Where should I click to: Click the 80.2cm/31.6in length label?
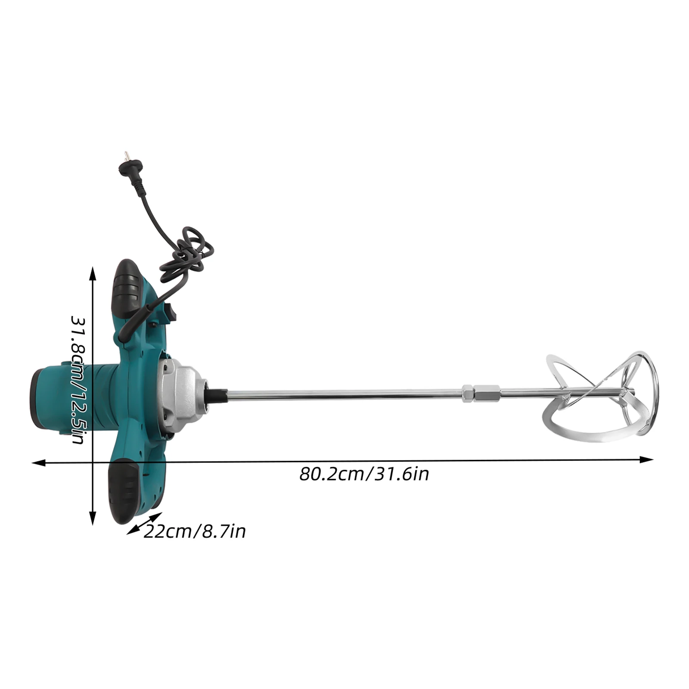pos(364,474)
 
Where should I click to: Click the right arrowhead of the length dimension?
pos(648,460)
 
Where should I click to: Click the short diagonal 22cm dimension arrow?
pos(144,523)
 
